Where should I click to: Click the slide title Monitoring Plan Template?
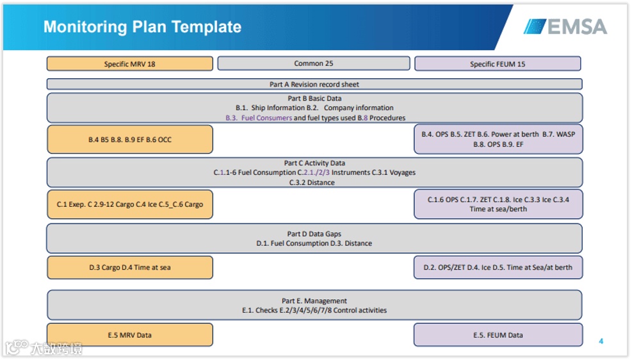coord(142,27)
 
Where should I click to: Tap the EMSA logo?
coord(565,27)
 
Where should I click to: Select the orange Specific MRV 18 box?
coord(129,64)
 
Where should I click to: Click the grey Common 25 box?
coord(313,63)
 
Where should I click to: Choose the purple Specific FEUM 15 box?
coord(497,64)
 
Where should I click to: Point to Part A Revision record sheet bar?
coord(314,84)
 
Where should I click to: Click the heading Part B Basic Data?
coord(314,99)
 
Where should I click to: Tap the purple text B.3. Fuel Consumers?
coord(258,118)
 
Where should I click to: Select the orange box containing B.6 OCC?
coord(129,140)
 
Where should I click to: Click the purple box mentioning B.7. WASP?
coord(498,140)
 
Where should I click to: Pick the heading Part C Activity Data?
coord(314,163)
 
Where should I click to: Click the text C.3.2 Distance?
coord(314,183)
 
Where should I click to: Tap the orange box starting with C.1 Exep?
coord(129,204)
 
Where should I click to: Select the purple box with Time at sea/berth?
coord(498,204)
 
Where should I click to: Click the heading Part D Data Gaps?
coord(314,234)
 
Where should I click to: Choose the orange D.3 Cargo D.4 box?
coord(129,268)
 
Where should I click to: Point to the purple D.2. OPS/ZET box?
coord(498,268)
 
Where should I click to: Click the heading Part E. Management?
coord(314,300)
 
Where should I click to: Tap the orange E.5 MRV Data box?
coord(129,335)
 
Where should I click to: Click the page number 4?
coord(601,341)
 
